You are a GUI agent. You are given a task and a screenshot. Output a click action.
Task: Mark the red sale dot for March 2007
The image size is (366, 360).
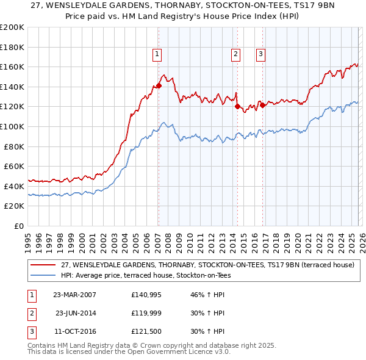(x=159, y=86)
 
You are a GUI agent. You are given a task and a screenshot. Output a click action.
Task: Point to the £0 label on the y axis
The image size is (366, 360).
(x=18, y=226)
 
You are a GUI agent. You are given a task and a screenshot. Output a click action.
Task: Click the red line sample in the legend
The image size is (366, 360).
(x=43, y=265)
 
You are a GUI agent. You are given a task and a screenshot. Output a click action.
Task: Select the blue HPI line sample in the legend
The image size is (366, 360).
(x=43, y=275)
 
